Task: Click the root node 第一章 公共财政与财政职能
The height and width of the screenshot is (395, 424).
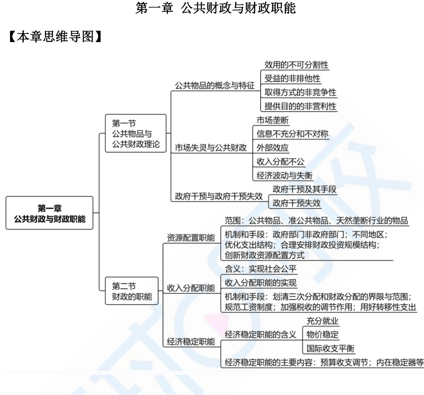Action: [50, 213]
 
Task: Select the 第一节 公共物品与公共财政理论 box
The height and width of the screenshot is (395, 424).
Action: [136, 134]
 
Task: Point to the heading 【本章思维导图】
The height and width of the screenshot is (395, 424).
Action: [55, 38]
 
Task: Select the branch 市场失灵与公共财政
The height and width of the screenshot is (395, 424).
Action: [211, 148]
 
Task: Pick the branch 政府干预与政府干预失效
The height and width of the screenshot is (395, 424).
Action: [219, 196]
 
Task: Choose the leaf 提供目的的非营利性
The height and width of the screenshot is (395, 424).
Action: [300, 106]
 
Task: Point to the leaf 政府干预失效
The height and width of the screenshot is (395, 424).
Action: [297, 203]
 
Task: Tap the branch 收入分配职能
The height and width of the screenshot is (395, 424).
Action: [190, 288]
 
